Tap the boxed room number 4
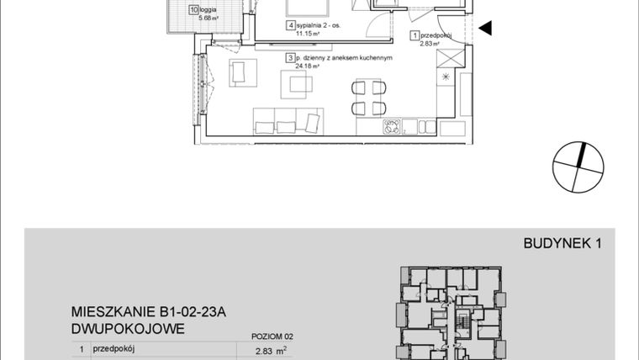coord(291,26)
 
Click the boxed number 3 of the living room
coord(290,59)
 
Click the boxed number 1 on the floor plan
coord(414,35)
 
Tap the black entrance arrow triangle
coord(485,29)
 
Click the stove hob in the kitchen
coord(391,127)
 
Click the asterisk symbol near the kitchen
coord(446,78)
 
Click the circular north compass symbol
coord(579,167)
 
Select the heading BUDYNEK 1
coord(562,245)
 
